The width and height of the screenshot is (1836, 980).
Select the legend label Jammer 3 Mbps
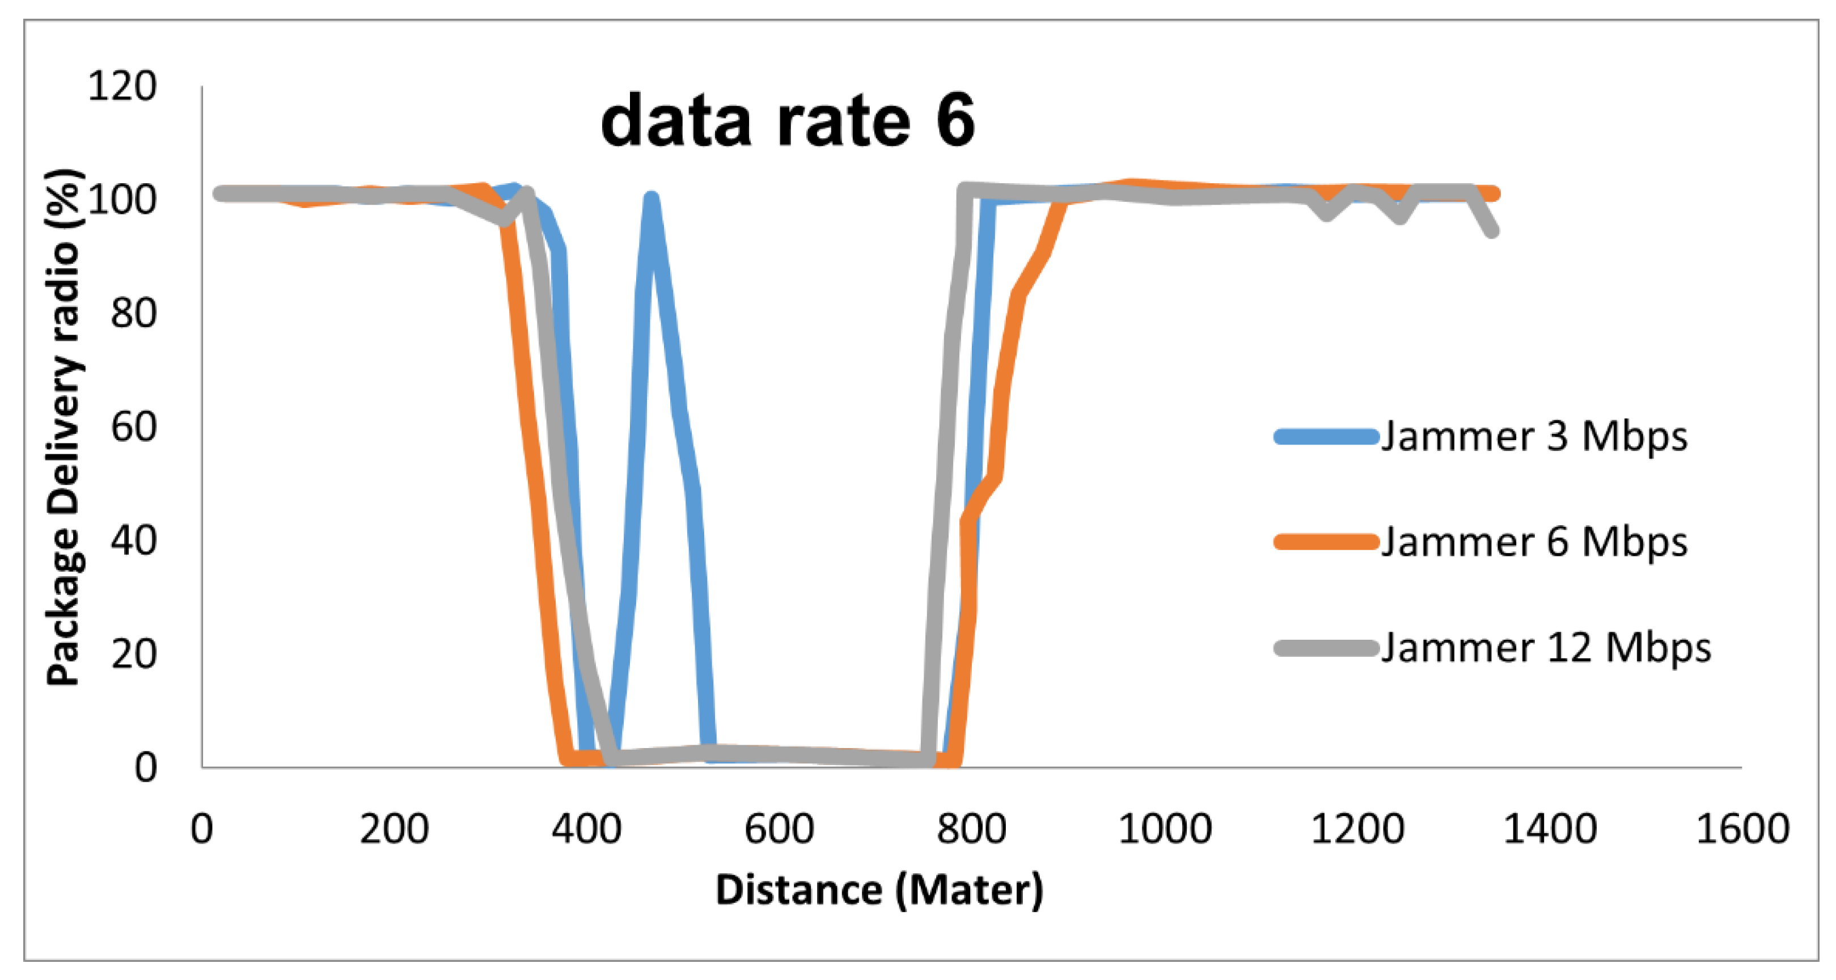1534,436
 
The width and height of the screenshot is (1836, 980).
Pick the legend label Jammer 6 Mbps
1534,542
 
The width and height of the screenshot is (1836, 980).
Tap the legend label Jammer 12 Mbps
1546,648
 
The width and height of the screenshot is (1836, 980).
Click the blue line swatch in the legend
1326,436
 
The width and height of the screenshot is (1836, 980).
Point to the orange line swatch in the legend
1326,542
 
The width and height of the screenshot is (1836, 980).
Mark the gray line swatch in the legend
1326,648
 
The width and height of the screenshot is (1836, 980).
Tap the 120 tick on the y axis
122,86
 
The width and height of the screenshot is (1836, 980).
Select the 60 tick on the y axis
133,427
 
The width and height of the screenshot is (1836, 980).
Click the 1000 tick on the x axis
1165,829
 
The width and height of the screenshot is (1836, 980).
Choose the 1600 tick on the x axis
1742,829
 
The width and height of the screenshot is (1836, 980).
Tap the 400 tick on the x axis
587,829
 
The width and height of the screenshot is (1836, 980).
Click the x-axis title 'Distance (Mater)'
879,890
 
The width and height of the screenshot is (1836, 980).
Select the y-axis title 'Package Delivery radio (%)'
64,428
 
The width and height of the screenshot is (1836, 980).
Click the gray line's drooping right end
1492,230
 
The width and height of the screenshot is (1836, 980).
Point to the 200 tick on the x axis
394,829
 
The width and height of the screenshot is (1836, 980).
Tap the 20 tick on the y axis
133,653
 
